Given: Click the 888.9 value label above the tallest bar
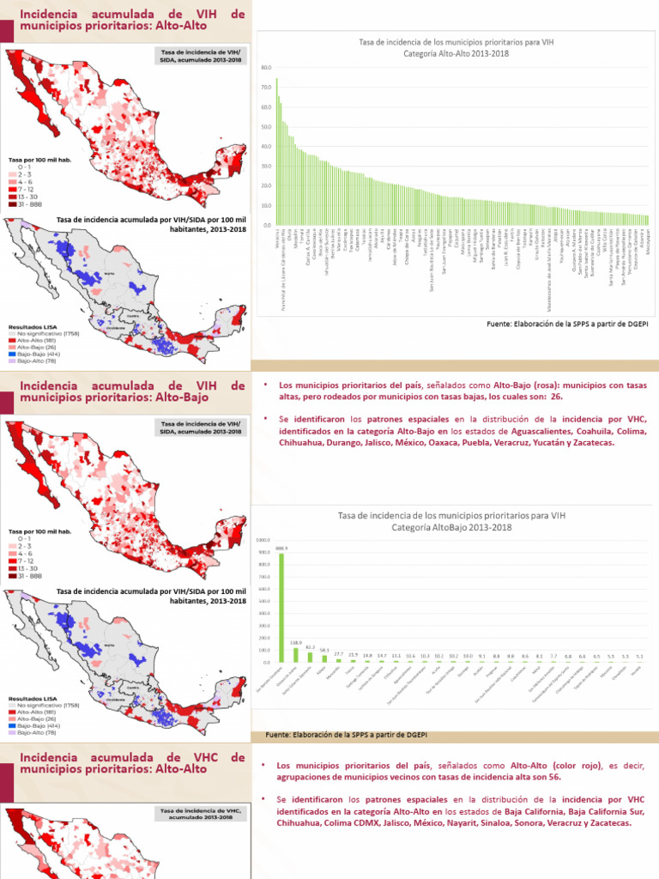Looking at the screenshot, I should click(282, 548).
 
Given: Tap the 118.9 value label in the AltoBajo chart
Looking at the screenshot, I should click(296, 642).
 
